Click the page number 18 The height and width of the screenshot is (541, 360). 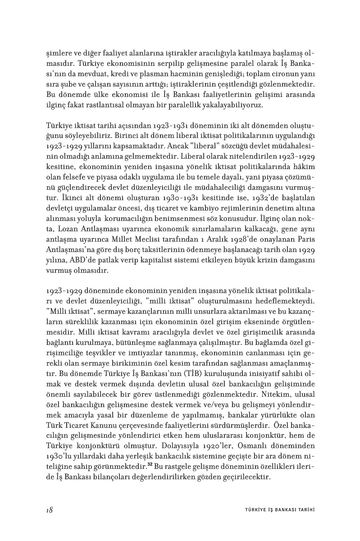click(50, 510)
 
